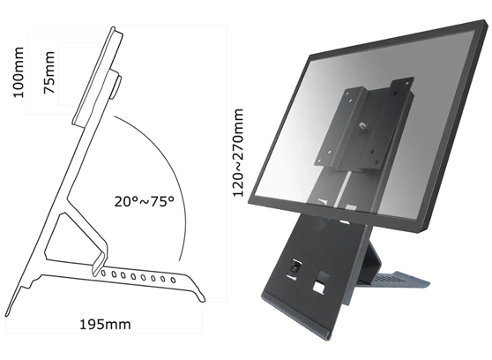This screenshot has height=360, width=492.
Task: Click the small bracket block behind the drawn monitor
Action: [114, 88]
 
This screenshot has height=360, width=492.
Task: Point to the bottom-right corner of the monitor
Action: [426, 231]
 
